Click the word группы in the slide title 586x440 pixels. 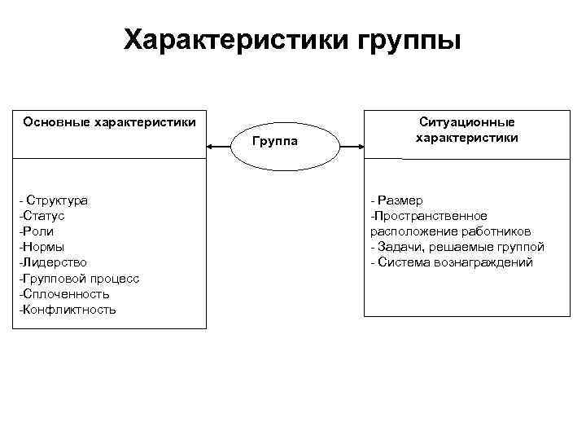[x=409, y=40]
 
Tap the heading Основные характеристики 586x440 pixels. [x=109, y=122]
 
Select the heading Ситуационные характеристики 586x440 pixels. [x=466, y=130]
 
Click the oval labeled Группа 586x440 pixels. [x=275, y=143]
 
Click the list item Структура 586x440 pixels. [x=57, y=200]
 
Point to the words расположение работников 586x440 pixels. [x=450, y=231]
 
